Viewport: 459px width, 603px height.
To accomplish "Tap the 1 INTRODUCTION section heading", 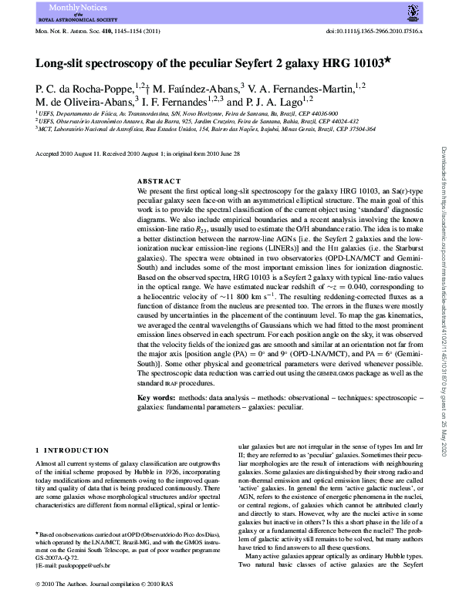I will (73, 450).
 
